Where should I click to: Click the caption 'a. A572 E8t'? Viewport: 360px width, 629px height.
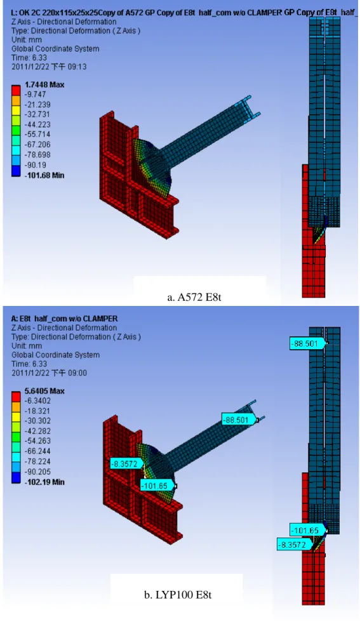(194, 297)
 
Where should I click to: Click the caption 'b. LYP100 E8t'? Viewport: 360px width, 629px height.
(178, 595)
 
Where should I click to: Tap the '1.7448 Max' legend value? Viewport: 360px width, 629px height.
(44, 84)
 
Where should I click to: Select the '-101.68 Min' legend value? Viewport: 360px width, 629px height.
(44, 175)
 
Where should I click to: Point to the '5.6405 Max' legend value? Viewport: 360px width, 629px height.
(44, 391)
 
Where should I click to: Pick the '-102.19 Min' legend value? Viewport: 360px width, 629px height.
(44, 482)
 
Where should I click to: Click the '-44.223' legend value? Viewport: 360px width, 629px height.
(37, 124)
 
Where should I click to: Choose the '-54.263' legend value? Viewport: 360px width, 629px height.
(37, 440)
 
